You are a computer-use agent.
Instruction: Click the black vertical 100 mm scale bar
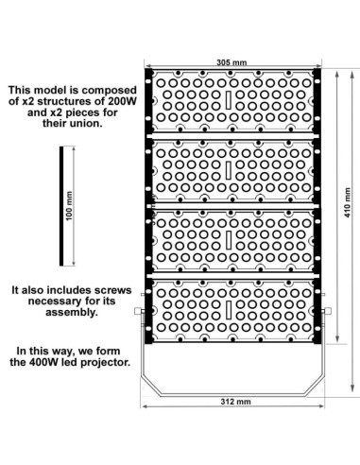(61, 205)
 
